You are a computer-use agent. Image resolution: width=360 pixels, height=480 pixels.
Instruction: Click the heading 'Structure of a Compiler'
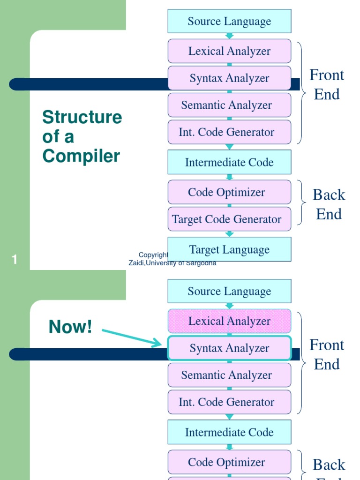coord(82,136)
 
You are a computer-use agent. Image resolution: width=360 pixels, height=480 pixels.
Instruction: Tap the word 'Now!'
coord(70,327)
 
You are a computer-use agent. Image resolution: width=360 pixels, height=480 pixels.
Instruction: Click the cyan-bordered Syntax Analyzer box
coord(229,348)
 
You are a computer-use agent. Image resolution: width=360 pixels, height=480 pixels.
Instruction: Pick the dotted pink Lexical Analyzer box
coord(229,321)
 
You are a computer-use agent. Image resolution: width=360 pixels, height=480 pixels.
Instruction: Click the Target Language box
coord(229,249)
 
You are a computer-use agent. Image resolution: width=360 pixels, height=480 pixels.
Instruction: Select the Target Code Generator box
coord(229,219)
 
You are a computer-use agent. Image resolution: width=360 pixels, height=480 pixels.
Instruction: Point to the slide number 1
coord(15,259)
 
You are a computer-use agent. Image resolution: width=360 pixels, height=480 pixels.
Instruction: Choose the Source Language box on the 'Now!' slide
coord(229,291)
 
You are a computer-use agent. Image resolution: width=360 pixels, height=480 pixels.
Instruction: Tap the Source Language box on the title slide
coord(229,21)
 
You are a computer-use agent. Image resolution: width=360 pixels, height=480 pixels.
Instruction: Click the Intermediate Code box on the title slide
coord(229,162)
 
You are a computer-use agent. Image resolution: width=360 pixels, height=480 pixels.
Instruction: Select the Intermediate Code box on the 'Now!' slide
coord(229,432)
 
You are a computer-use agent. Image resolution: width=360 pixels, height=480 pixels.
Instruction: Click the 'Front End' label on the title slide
coord(327,85)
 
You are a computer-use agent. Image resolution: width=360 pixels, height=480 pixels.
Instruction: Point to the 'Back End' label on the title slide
coord(329,204)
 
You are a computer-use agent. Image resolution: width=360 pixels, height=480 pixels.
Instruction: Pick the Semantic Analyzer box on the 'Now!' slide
coord(229,375)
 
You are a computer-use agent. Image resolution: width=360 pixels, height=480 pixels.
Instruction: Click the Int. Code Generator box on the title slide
coord(229,132)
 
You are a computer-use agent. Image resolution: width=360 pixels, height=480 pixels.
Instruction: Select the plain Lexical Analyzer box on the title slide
coord(229,51)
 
